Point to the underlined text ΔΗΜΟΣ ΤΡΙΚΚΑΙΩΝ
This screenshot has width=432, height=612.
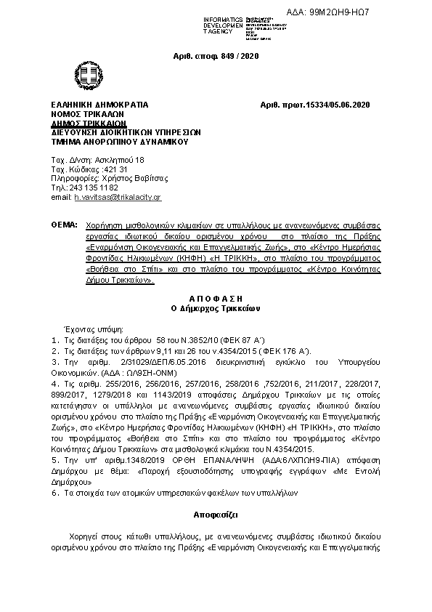click(84, 124)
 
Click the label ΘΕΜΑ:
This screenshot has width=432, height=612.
click(64, 227)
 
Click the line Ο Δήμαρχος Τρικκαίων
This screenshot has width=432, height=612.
click(216, 308)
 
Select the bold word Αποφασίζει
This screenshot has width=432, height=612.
click(216, 513)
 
